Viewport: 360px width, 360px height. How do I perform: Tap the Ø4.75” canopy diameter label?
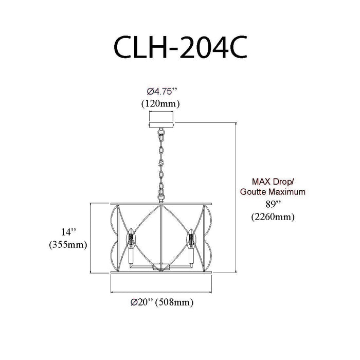click(x=162, y=92)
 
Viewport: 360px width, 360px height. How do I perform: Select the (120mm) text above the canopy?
click(x=160, y=104)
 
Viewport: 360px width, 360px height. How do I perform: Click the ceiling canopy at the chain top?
click(x=161, y=125)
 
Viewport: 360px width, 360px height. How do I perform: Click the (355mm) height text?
click(x=68, y=245)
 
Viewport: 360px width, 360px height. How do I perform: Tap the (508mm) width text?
click(x=174, y=302)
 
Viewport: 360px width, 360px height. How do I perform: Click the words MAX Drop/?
click(x=273, y=182)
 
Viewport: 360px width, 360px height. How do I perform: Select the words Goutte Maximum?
click(x=273, y=191)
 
